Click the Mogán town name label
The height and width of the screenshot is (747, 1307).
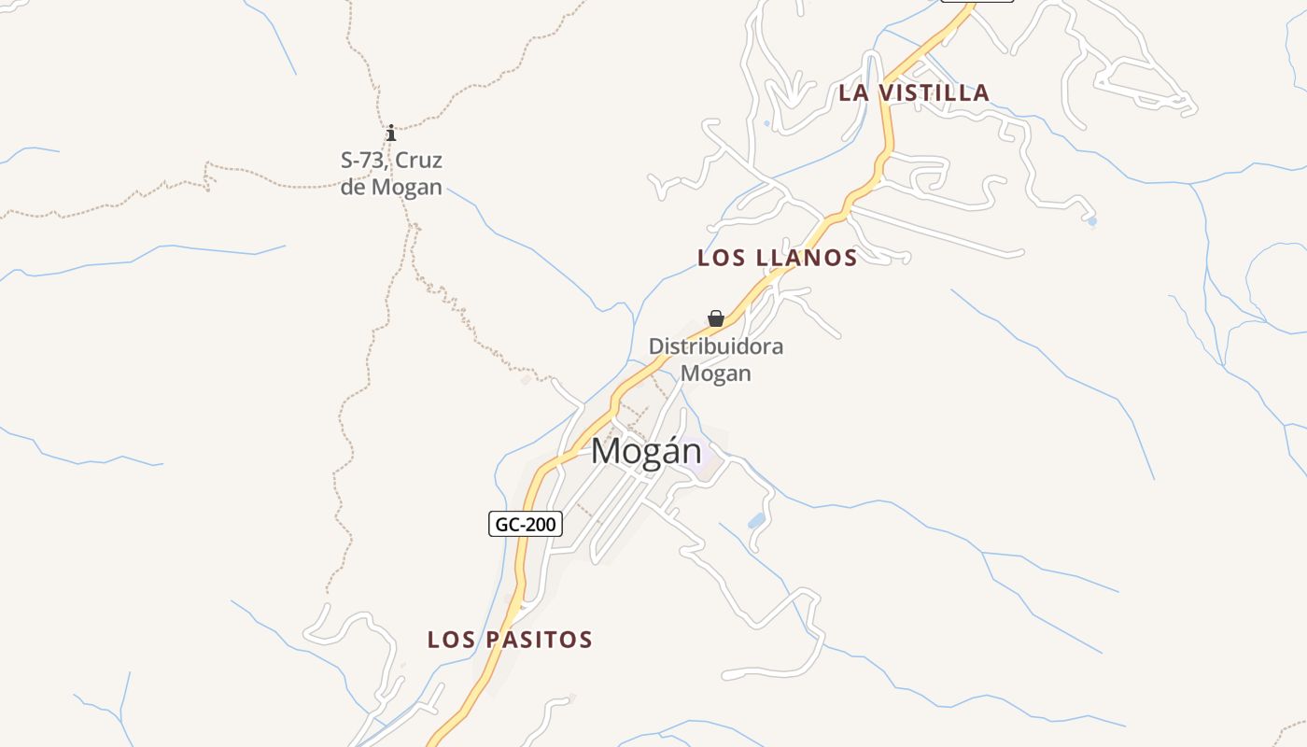point(646,452)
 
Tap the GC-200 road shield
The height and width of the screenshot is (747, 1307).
point(525,524)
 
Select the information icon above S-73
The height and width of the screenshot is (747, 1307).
point(391,134)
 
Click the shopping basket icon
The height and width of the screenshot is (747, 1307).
point(716,318)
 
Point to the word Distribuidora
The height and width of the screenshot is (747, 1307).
point(716,346)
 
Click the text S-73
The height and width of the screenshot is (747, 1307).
point(362,160)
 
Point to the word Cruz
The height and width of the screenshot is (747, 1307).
point(419,160)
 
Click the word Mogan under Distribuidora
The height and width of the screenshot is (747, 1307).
point(716,373)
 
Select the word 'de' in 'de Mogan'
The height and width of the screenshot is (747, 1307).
point(354,187)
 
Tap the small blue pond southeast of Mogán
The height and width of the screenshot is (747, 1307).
point(756,520)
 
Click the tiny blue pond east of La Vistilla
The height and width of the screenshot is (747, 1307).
point(1091,222)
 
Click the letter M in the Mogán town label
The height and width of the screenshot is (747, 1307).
point(606,452)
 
